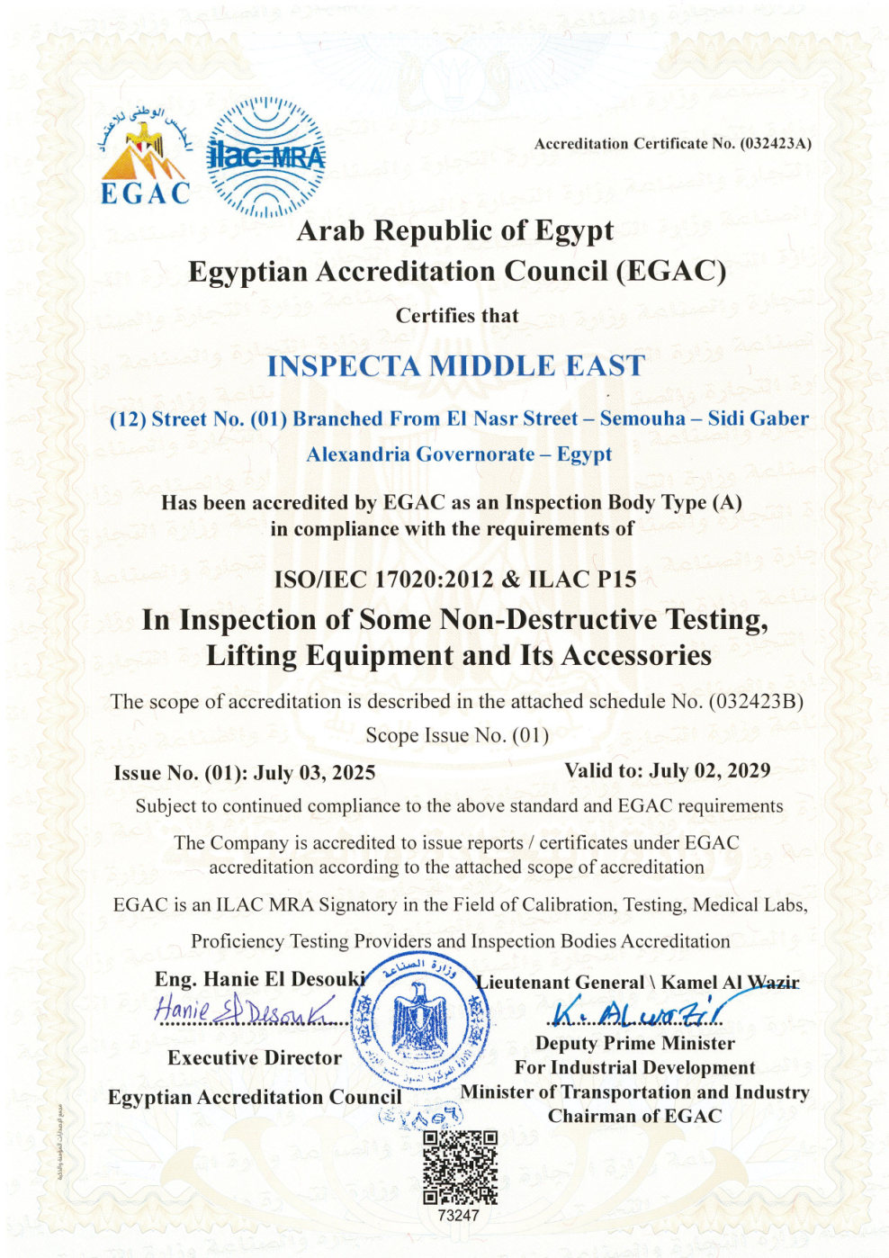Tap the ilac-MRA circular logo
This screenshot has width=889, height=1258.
pyautogui.click(x=265, y=158)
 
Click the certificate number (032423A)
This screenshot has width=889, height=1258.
pyautogui.click(x=776, y=143)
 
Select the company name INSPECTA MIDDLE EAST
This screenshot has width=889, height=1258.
pyautogui.click(x=456, y=365)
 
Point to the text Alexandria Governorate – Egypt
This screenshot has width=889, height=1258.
pyautogui.click(x=459, y=454)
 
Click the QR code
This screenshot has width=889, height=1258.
pyautogui.click(x=460, y=1167)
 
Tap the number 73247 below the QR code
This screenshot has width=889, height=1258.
pyautogui.click(x=459, y=1215)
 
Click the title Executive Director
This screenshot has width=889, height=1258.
pyautogui.click(x=255, y=1058)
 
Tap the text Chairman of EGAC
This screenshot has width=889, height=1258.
pyautogui.click(x=634, y=1117)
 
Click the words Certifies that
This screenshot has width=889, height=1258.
pyautogui.click(x=457, y=316)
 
